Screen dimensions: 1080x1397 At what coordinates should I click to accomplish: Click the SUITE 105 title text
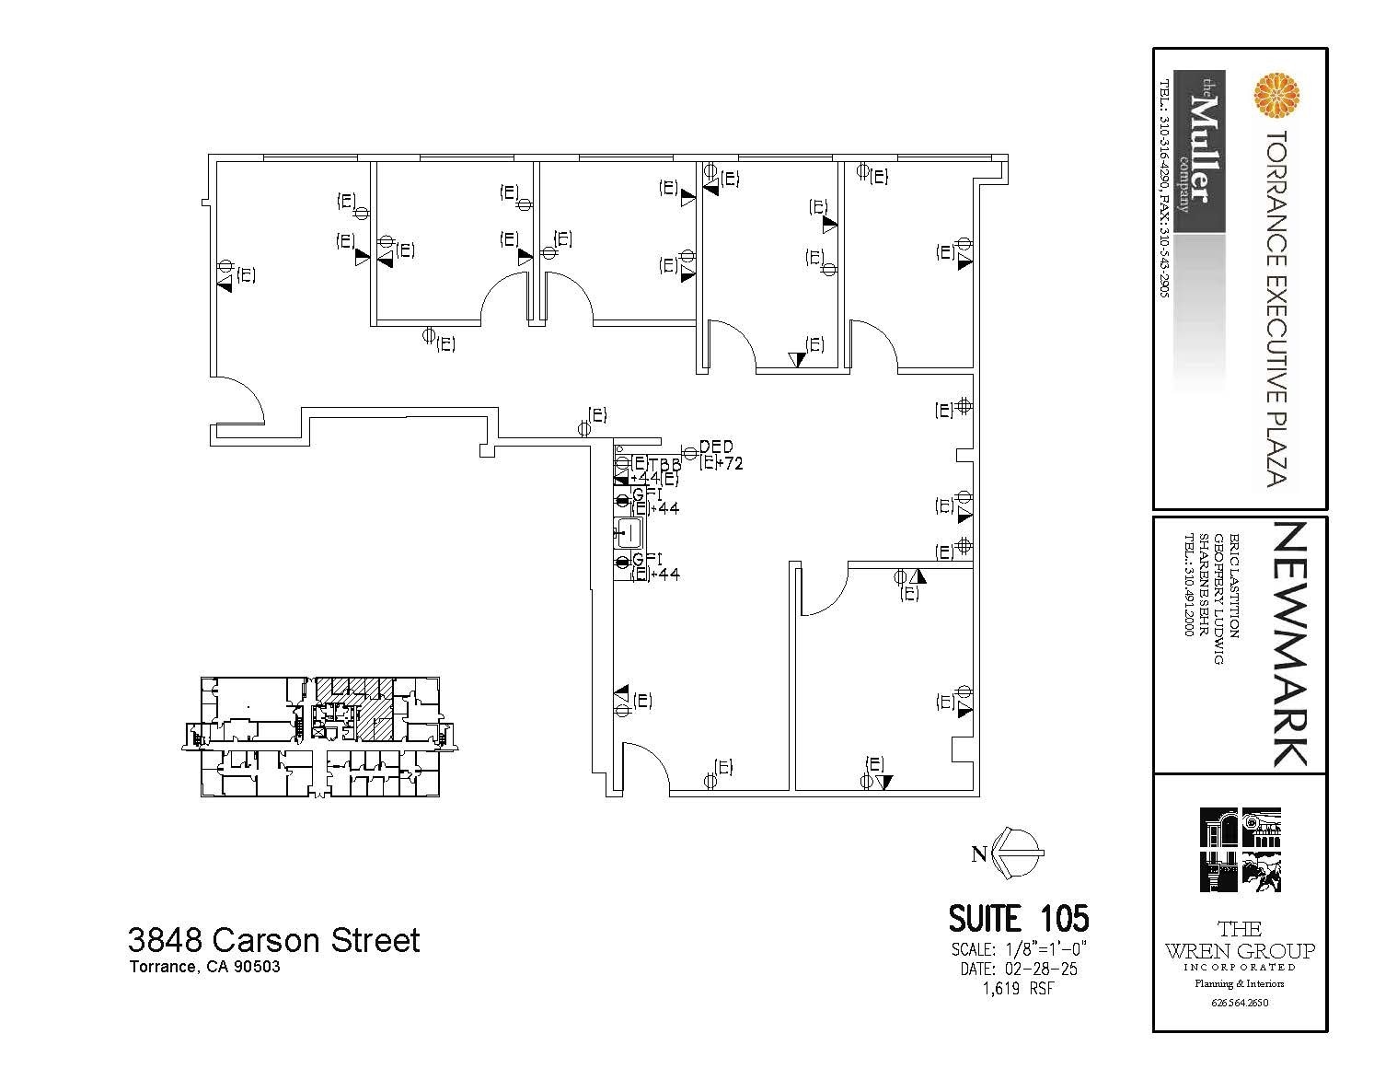click(1018, 919)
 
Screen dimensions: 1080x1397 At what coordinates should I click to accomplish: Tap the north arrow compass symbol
click(1020, 854)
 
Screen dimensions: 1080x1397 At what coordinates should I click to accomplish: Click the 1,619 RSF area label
click(1018, 989)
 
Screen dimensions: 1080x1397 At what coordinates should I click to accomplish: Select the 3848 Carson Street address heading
click(273, 940)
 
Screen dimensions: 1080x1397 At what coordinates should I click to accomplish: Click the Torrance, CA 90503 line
click(204, 968)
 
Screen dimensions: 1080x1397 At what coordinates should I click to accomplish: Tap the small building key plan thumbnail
click(320, 737)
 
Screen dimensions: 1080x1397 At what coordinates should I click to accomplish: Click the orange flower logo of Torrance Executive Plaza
click(1276, 96)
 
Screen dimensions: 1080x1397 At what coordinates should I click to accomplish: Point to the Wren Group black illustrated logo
click(1240, 850)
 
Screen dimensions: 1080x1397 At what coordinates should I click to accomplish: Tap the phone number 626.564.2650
click(1240, 1003)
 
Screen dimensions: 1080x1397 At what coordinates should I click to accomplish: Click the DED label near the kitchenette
click(716, 447)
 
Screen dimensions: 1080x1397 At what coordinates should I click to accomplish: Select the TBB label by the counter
click(664, 465)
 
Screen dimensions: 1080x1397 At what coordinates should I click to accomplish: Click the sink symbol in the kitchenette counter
click(629, 531)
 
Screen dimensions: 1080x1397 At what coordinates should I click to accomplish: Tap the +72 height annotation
click(729, 464)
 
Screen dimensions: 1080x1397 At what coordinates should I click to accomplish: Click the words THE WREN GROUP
click(1240, 940)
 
